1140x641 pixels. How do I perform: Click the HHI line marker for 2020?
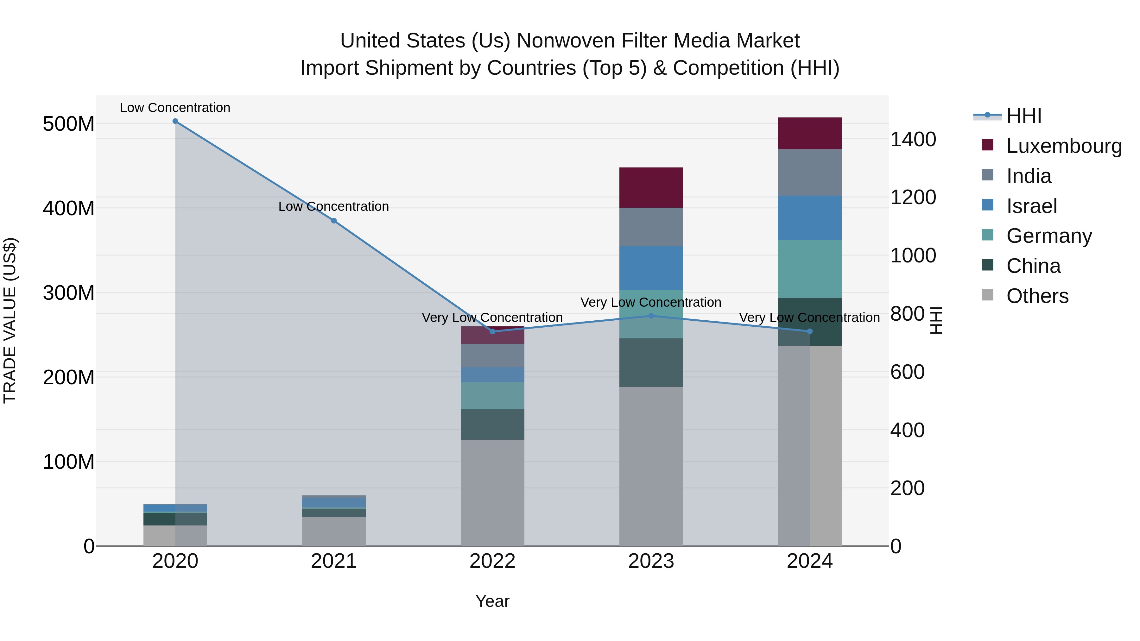(175, 121)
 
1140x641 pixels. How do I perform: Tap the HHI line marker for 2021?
(334, 221)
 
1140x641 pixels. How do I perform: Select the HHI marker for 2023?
(651, 316)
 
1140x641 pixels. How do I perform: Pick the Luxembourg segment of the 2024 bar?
(810, 133)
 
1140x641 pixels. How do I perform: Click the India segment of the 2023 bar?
(651, 227)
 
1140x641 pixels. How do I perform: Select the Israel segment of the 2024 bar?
(810, 218)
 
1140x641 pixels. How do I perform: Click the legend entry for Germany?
(1049, 236)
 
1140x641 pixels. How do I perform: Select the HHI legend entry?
(1023, 116)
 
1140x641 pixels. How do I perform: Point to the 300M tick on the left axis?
(69, 293)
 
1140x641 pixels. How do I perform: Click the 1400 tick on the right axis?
(913, 139)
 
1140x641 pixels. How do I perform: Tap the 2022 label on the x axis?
(492, 561)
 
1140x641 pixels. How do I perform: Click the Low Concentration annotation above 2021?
(334, 207)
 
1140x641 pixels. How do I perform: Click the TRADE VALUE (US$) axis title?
(10, 320)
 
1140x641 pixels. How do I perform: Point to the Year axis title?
(492, 601)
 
